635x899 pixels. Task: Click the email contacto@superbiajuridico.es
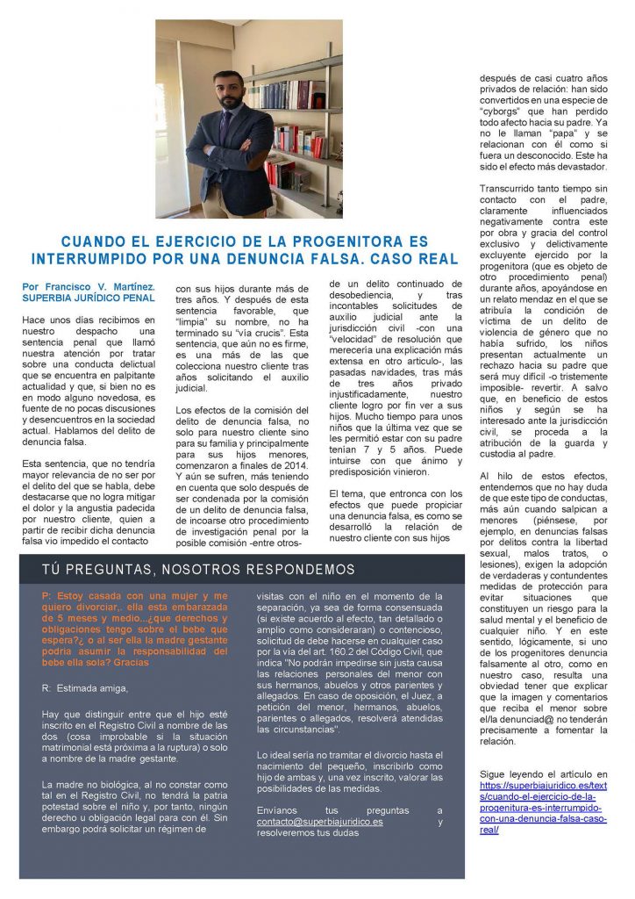coord(320,822)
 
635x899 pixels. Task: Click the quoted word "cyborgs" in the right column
coord(507,123)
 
